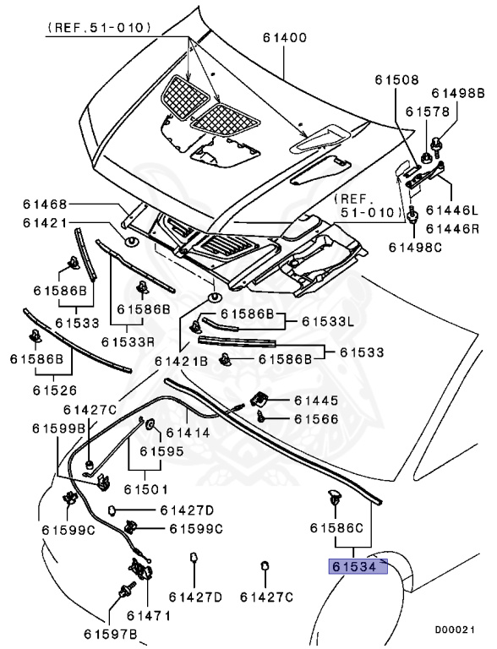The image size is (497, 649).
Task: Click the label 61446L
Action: [x=452, y=210]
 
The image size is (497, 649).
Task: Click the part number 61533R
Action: [x=128, y=342]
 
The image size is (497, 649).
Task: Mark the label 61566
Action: [x=316, y=418]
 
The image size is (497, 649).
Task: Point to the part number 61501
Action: [x=145, y=488]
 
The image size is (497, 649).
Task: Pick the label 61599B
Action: [x=59, y=428]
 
